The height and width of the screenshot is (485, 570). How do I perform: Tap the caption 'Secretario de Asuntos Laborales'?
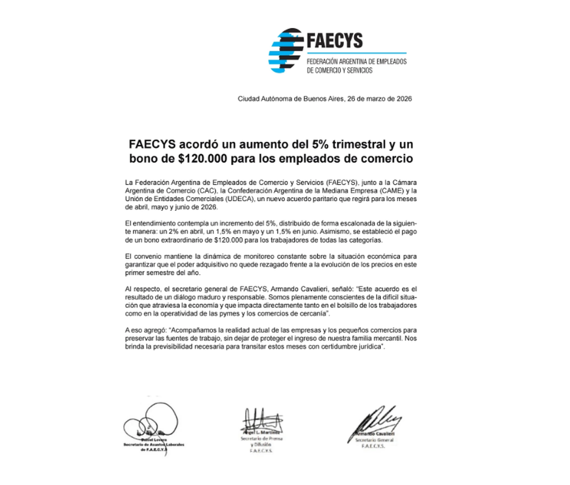click(x=154, y=444)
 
